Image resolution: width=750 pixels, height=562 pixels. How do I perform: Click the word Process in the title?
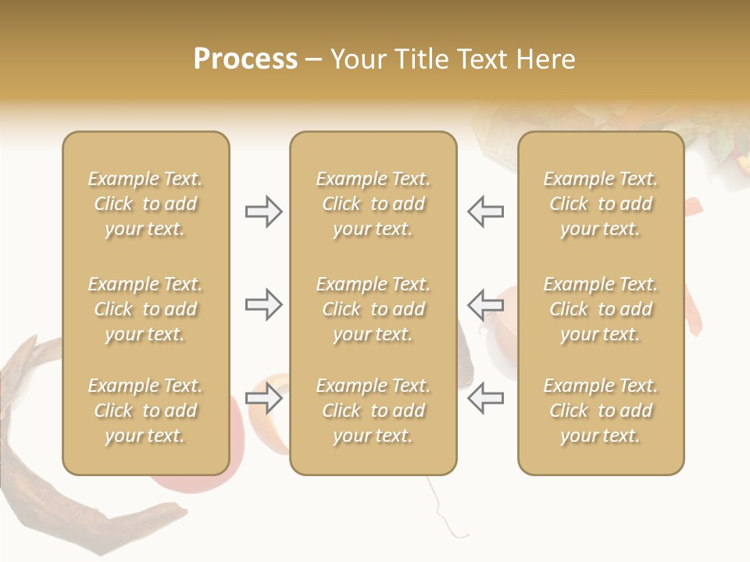click(x=245, y=59)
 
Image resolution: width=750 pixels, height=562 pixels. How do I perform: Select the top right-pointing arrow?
click(x=263, y=212)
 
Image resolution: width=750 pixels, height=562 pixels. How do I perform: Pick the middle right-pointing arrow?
click(x=263, y=304)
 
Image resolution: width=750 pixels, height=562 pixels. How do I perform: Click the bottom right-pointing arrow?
click(x=263, y=398)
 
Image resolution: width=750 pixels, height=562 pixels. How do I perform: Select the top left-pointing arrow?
click(x=485, y=212)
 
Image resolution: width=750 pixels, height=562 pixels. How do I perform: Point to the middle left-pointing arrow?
click(x=485, y=304)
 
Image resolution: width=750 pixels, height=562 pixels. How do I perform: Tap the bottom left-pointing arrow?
click(x=485, y=398)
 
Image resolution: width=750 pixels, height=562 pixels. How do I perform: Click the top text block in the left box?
click(x=145, y=204)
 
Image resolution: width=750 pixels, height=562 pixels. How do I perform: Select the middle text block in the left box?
click(x=145, y=309)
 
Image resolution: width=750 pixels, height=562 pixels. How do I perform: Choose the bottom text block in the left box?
click(x=145, y=411)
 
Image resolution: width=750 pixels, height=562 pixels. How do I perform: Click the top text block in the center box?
click(x=373, y=204)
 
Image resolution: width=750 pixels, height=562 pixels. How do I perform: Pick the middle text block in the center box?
click(x=373, y=309)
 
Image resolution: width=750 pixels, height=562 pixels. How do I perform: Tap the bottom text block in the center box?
click(x=373, y=411)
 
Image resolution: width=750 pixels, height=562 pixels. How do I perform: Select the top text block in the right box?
click(x=600, y=204)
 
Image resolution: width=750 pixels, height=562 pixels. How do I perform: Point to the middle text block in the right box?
click(x=600, y=309)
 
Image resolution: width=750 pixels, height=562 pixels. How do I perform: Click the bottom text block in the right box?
click(x=600, y=411)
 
